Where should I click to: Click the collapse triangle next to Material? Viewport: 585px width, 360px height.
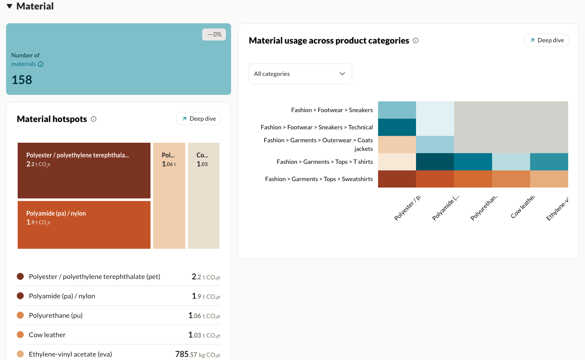[9, 6]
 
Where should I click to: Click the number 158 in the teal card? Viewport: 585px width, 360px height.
[22, 80]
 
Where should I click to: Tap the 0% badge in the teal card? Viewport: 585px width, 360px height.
[214, 34]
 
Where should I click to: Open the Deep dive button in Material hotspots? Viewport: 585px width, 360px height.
[198, 119]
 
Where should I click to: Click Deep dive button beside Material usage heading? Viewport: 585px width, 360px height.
[546, 40]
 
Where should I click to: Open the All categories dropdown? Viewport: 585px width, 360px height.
[300, 74]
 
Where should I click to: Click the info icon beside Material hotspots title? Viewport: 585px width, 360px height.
[94, 119]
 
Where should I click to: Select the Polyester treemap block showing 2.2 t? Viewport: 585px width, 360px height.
[84, 170]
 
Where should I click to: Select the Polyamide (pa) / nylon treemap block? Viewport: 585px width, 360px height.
[84, 225]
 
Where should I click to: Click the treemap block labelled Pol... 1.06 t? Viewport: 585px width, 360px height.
[169, 196]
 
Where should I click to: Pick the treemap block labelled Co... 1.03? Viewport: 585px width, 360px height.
[203, 196]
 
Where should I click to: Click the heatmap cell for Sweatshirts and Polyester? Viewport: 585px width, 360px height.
[397, 179]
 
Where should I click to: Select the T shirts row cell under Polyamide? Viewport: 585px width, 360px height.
[435, 162]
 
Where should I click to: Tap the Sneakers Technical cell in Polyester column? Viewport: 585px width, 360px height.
[397, 127]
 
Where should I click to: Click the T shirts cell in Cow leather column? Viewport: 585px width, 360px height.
[510, 162]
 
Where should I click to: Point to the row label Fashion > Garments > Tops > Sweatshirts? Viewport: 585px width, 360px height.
[319, 179]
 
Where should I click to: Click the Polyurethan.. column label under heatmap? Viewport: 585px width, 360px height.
[485, 207]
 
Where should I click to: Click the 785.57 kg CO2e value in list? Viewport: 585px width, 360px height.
[197, 354]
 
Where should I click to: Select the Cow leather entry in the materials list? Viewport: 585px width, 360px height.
[47, 335]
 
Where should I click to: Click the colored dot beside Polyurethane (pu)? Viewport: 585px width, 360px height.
[20, 315]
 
